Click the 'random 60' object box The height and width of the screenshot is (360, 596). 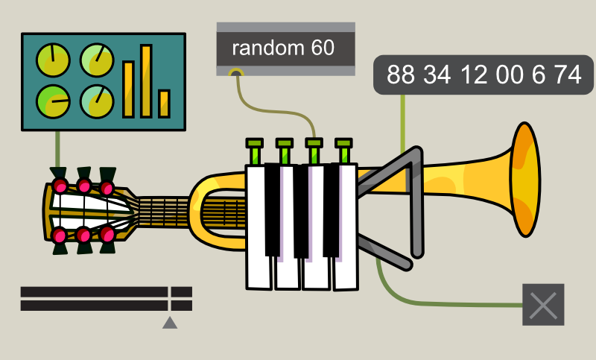pyautogui.click(x=285, y=49)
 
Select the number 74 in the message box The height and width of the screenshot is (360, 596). pyautogui.click(x=568, y=75)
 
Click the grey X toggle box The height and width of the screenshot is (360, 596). pyautogui.click(x=543, y=305)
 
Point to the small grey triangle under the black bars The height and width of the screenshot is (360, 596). pyautogui.click(x=170, y=322)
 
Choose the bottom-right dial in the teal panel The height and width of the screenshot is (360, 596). pyautogui.click(x=96, y=101)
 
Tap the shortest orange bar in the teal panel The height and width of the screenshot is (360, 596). pyautogui.click(x=164, y=104)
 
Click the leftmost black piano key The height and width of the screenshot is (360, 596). pyautogui.click(x=273, y=209)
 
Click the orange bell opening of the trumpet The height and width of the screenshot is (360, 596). pyautogui.click(x=525, y=180)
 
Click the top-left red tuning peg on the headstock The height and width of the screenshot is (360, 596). pyautogui.click(x=60, y=186)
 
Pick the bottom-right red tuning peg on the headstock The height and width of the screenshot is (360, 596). pyautogui.click(x=107, y=234)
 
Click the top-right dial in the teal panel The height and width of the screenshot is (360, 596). pyautogui.click(x=96, y=60)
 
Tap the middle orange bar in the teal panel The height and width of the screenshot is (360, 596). pyautogui.click(x=129, y=89)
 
